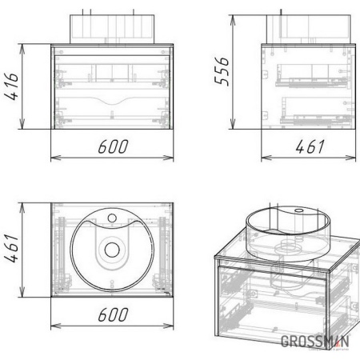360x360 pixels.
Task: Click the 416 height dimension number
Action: coord(12,86)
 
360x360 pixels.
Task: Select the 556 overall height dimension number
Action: coord(222,71)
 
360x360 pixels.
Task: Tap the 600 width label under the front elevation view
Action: coord(113,146)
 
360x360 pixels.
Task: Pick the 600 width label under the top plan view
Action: coord(113,314)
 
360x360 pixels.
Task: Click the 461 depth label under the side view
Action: coord(310,146)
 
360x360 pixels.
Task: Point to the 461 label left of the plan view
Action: coord(12,248)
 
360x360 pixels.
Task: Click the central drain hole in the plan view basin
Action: coord(112,250)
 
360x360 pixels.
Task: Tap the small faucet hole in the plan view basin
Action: coord(112,218)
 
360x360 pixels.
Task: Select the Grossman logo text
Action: coord(314,342)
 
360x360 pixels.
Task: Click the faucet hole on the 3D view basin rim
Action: coord(299,210)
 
